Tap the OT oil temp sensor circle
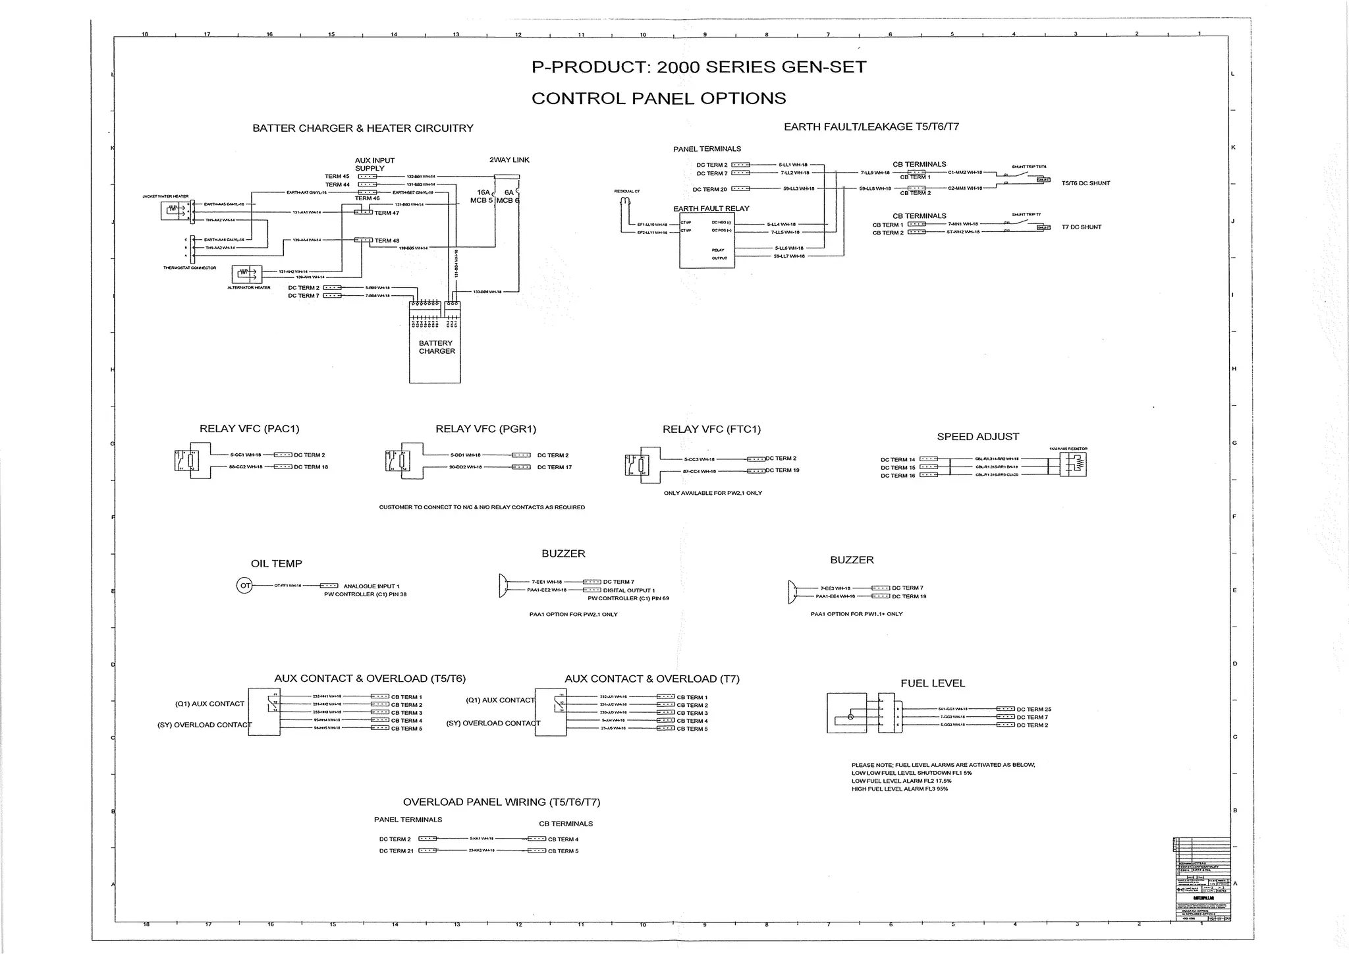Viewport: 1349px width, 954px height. (x=244, y=585)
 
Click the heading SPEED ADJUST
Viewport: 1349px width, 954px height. (x=977, y=437)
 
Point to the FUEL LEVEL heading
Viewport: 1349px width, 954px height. (x=932, y=683)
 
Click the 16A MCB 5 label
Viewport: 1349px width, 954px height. (x=482, y=196)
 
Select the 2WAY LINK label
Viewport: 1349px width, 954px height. (x=509, y=160)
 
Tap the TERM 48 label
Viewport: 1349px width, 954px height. (x=387, y=240)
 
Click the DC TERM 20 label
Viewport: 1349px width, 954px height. (x=709, y=189)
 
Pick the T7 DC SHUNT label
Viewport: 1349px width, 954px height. (x=1081, y=227)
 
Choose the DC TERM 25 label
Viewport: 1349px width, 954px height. (x=1033, y=710)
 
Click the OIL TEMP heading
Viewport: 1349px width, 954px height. (x=277, y=563)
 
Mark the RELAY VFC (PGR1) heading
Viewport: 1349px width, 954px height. (x=485, y=429)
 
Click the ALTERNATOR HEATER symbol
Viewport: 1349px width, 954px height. (x=247, y=274)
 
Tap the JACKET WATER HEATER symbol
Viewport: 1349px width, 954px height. (x=175, y=211)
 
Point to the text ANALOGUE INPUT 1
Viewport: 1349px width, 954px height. (x=371, y=586)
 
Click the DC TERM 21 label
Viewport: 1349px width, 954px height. (x=395, y=851)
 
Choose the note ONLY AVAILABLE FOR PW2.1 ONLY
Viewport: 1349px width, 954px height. (x=713, y=493)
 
